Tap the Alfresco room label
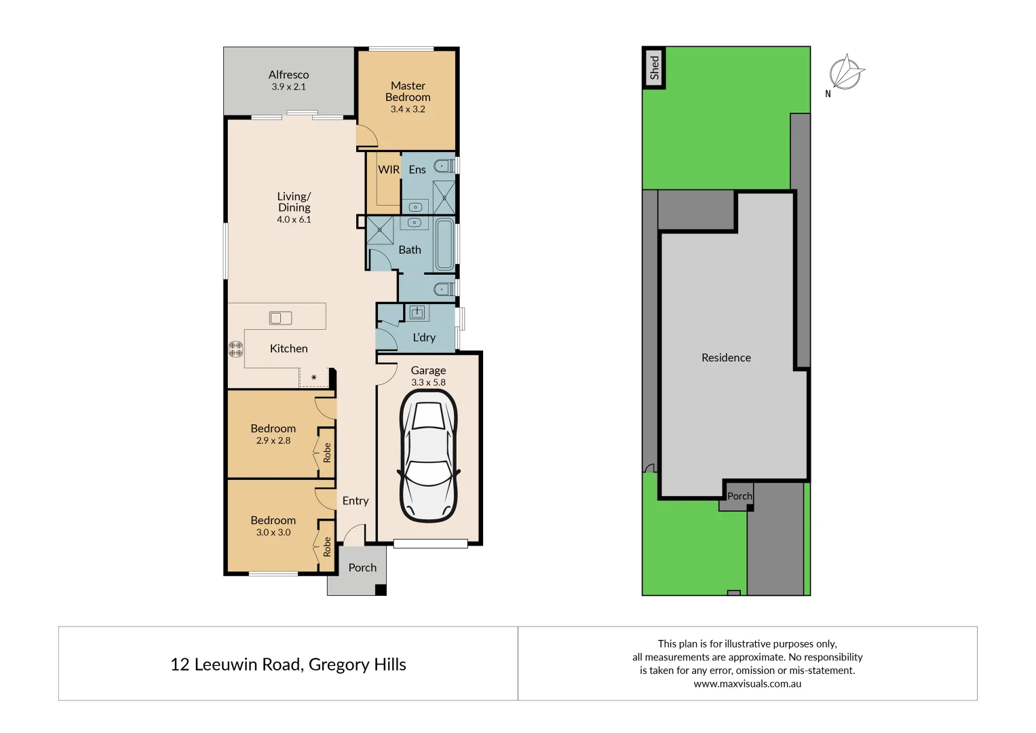[x=288, y=75]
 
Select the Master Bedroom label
[x=408, y=92]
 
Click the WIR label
[x=389, y=170]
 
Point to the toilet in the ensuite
[x=444, y=165]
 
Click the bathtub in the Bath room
[x=445, y=244]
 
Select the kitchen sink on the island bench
[x=280, y=318]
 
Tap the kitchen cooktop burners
[x=235, y=349]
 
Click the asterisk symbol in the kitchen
[x=313, y=378]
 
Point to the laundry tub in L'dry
[x=417, y=312]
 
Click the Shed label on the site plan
[x=654, y=68]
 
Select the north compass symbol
[x=846, y=73]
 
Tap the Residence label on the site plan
[x=726, y=358]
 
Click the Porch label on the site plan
[x=740, y=496]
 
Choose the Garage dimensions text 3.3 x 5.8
[x=428, y=383]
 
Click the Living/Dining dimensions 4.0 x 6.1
[x=294, y=220]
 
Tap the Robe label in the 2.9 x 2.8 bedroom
[x=327, y=453]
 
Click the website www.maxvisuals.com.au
[x=747, y=684]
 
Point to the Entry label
[x=356, y=501]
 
